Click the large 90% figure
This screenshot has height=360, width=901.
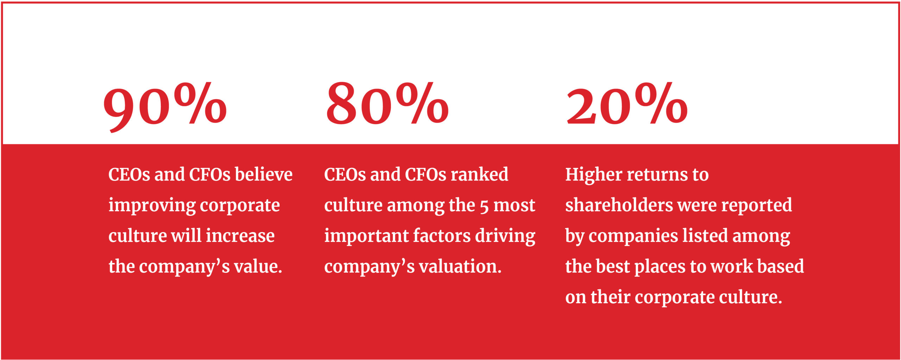coord(165,107)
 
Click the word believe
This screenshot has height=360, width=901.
coord(264,174)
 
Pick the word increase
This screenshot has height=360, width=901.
coord(240,236)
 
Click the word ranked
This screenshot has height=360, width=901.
coord(479,174)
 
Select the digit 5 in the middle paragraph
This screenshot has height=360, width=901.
coord(484,207)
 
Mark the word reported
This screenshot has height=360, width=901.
coord(757,206)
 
